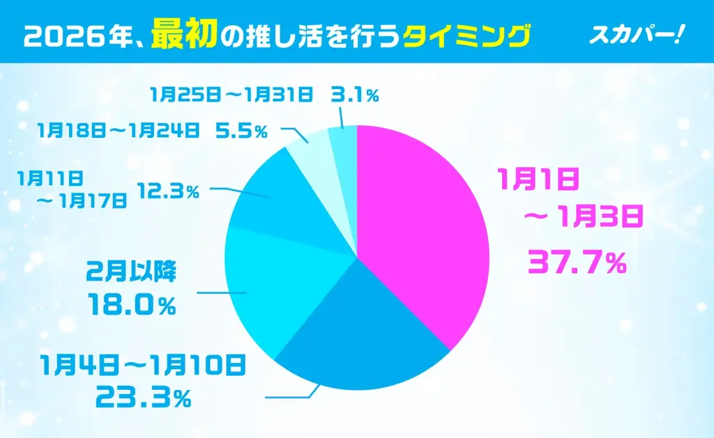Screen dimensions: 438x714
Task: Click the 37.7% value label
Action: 577,262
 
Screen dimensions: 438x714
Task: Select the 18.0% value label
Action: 130,304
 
